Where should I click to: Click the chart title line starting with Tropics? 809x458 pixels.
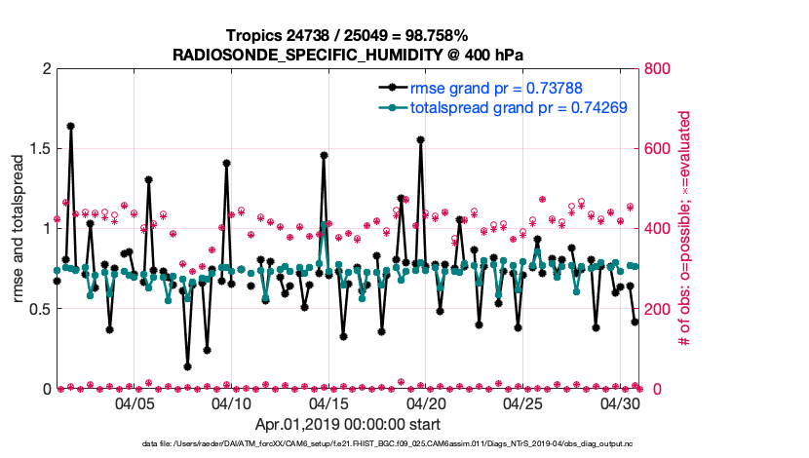348,36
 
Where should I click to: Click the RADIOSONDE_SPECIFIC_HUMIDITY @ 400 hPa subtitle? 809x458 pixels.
348,56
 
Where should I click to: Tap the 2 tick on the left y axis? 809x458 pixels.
45,69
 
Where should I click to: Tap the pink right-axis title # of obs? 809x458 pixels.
685,229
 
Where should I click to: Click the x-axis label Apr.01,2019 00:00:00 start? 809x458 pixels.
348,424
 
